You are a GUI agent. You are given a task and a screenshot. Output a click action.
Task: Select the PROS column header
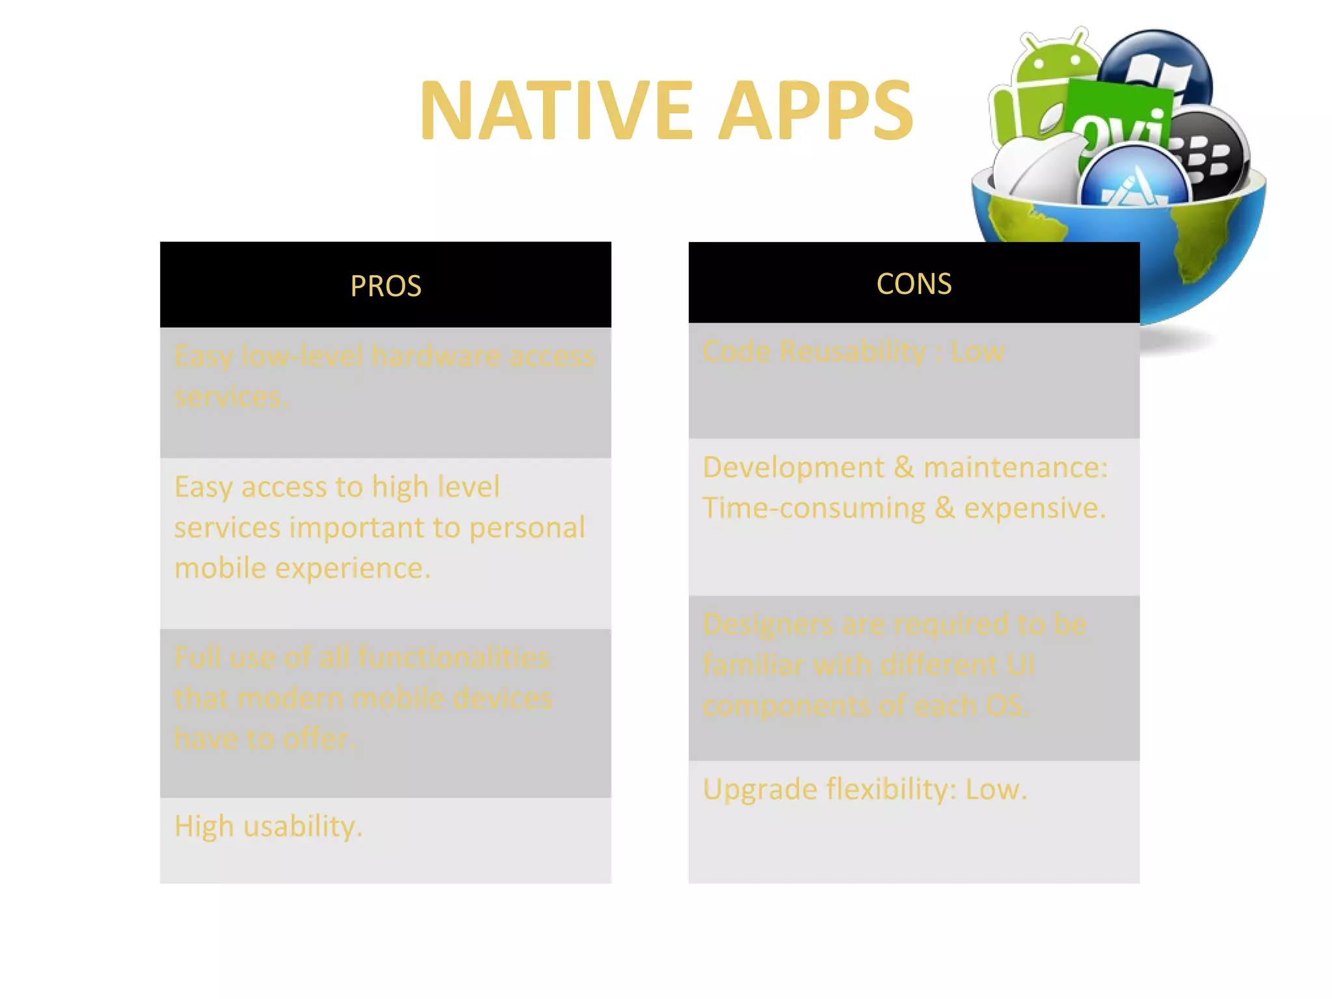pos(386,286)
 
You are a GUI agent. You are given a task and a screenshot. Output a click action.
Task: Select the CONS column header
pos(914,284)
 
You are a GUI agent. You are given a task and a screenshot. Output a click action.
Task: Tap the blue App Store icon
pos(1135,179)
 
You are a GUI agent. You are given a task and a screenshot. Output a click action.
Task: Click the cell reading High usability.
pos(268,827)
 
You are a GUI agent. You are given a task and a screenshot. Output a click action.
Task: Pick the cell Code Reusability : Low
pos(853,352)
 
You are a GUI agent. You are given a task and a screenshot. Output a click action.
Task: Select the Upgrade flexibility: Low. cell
pos(864,790)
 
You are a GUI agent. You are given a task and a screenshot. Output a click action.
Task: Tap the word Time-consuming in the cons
pos(814,508)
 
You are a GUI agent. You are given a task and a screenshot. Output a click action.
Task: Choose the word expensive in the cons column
pos(1034,508)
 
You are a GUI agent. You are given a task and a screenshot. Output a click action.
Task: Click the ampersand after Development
pos(903,467)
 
